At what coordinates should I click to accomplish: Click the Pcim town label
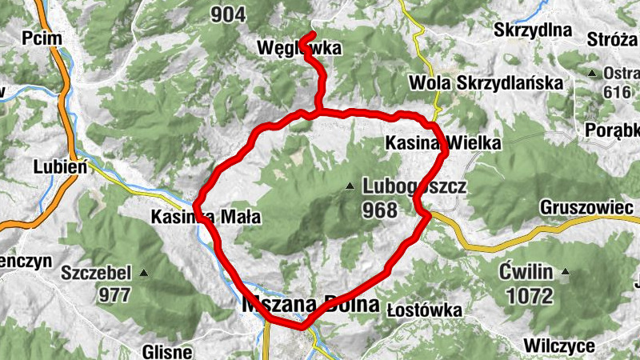click(38, 38)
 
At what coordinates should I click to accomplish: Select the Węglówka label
click(299, 48)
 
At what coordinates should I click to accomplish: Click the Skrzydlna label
click(533, 30)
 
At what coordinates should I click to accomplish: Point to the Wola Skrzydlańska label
click(486, 82)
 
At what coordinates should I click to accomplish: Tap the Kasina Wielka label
click(442, 144)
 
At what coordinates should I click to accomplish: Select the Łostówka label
click(423, 309)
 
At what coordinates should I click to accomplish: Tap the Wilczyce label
click(560, 345)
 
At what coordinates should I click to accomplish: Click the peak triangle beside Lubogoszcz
click(349, 188)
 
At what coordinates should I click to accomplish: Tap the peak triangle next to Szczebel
click(144, 273)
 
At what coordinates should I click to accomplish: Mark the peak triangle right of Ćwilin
click(566, 272)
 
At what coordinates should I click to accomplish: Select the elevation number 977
click(115, 294)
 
